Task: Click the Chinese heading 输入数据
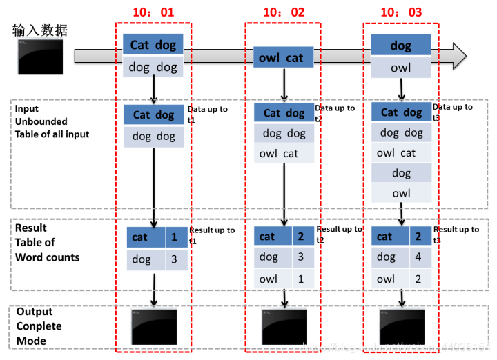[40, 30]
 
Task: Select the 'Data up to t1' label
[208, 113]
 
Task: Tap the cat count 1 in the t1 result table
[174, 237]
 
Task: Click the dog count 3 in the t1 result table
[174, 259]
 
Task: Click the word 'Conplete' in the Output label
[39, 326]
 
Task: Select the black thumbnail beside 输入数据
[40, 57]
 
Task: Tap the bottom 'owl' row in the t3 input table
[401, 193]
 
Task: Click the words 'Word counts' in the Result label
[48, 257]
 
